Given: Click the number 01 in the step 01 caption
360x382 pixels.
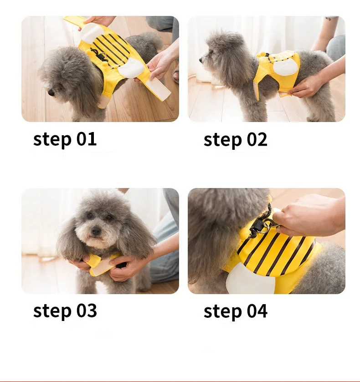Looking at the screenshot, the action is pyautogui.click(x=87, y=139).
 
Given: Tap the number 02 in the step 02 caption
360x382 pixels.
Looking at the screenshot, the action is pyautogui.click(x=257, y=140).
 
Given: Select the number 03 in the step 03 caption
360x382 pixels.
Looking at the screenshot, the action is pyautogui.click(x=87, y=311).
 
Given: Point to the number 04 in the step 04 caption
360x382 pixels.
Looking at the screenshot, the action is pyautogui.click(x=257, y=311).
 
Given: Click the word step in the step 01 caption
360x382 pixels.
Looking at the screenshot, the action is pyautogui.click(x=52, y=140).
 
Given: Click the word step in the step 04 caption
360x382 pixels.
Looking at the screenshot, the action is pyautogui.click(x=223, y=311).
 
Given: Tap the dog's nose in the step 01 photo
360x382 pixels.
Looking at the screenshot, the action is pyautogui.click(x=51, y=92).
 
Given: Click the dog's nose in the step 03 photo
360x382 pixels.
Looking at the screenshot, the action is pyautogui.click(x=96, y=230).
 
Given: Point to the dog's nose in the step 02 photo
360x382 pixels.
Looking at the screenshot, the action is pyautogui.click(x=201, y=60).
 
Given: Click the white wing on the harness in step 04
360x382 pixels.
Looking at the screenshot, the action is pyautogui.click(x=249, y=278).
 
